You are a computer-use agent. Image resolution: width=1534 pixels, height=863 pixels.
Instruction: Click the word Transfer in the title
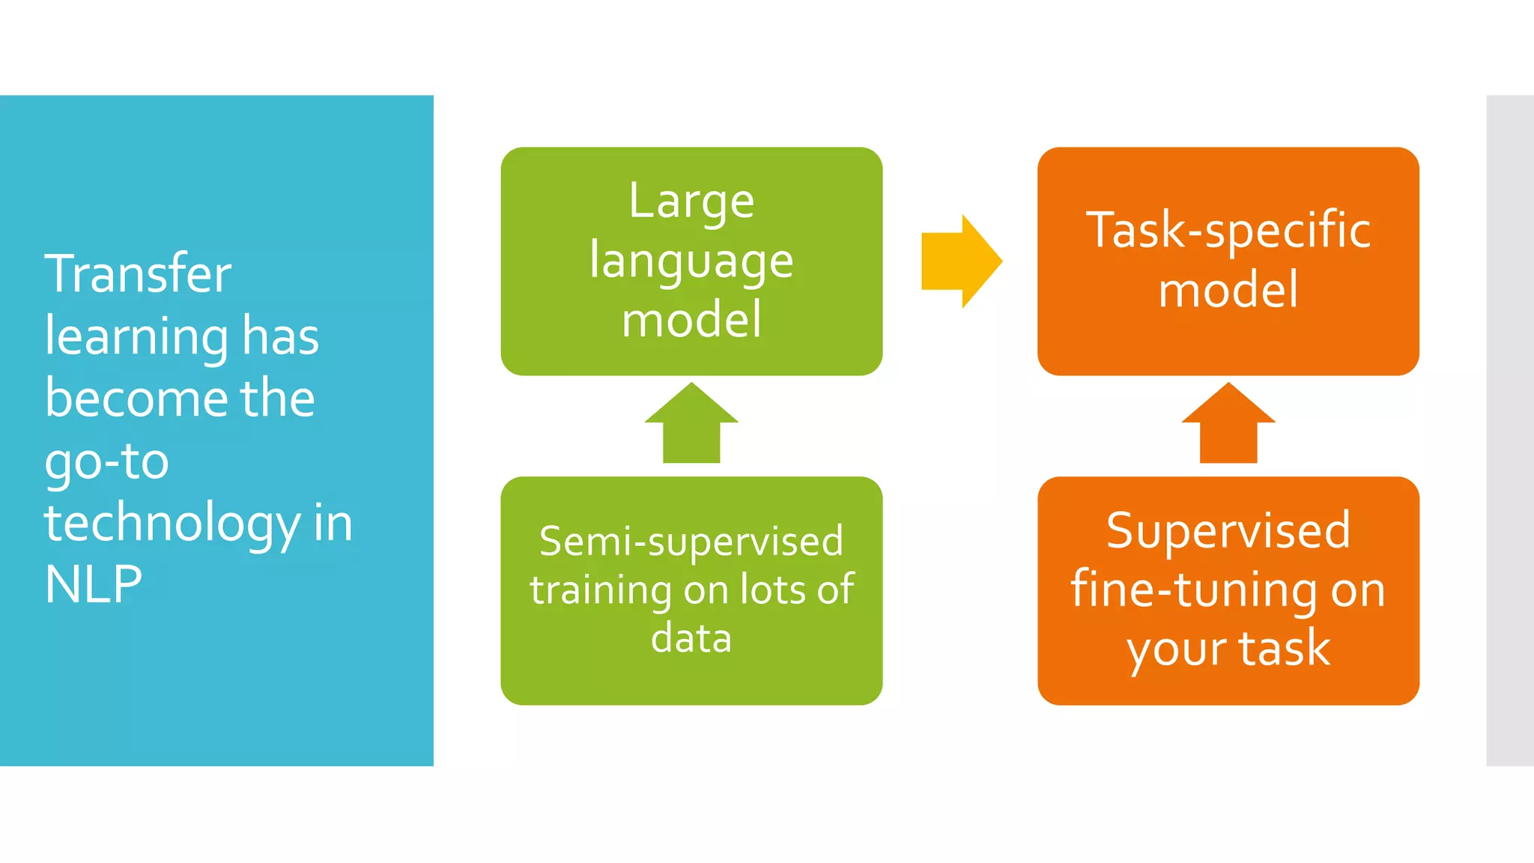(138, 274)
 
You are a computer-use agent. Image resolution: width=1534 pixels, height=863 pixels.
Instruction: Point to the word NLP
(94, 584)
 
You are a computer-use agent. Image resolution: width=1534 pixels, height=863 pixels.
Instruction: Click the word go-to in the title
(107, 461)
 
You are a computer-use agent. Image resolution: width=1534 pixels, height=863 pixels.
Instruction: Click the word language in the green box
(691, 262)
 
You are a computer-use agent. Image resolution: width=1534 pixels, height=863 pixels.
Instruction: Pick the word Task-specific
(1228, 230)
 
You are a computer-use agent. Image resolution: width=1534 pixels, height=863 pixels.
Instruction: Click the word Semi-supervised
(691, 542)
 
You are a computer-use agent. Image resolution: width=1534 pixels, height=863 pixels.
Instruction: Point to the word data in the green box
(691, 638)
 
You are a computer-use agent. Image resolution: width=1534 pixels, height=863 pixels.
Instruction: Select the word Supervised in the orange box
(1228, 530)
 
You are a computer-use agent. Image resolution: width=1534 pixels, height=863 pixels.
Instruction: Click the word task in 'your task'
(1284, 648)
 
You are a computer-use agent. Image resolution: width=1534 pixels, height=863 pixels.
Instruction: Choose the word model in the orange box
(1228, 291)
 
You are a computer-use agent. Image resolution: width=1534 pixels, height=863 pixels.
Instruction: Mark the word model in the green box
(691, 320)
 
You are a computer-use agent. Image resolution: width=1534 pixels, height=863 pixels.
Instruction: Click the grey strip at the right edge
(1510, 431)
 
